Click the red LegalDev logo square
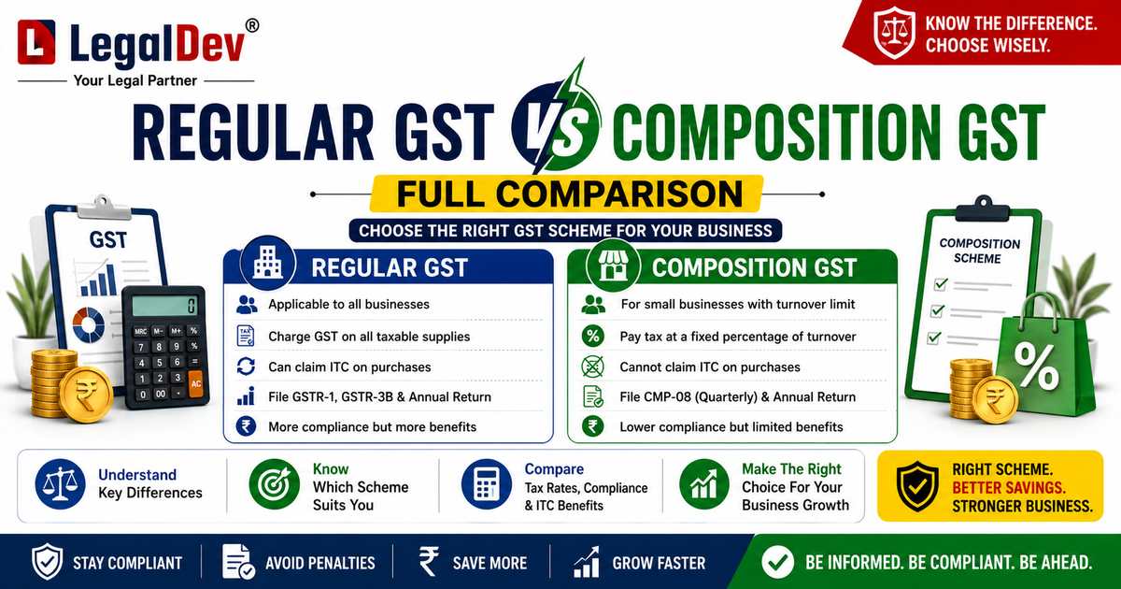pyautogui.click(x=36, y=42)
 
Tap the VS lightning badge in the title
pyautogui.click(x=555, y=123)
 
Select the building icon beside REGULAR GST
pyautogui.click(x=268, y=263)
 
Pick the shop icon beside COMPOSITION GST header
pyautogui.click(x=613, y=265)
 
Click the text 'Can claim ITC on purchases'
pyautogui.click(x=349, y=367)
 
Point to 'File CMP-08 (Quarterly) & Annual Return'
pyautogui.click(x=738, y=397)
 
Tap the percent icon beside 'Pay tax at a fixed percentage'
pyautogui.click(x=593, y=336)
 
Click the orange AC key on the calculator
pyautogui.click(x=195, y=383)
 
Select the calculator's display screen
pyautogui.click(x=164, y=306)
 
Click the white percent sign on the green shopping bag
pyautogui.click(x=1036, y=366)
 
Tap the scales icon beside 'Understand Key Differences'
pyautogui.click(x=60, y=484)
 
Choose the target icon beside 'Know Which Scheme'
pyautogui.click(x=275, y=484)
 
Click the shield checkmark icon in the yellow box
pyautogui.click(x=917, y=486)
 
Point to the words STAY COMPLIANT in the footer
pyautogui.click(x=128, y=563)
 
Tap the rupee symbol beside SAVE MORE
pyautogui.click(x=429, y=561)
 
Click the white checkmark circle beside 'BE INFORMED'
pyautogui.click(x=777, y=562)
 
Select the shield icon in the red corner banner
pyautogui.click(x=894, y=34)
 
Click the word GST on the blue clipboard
pyautogui.click(x=108, y=240)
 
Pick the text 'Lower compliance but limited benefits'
pyautogui.click(x=731, y=426)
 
